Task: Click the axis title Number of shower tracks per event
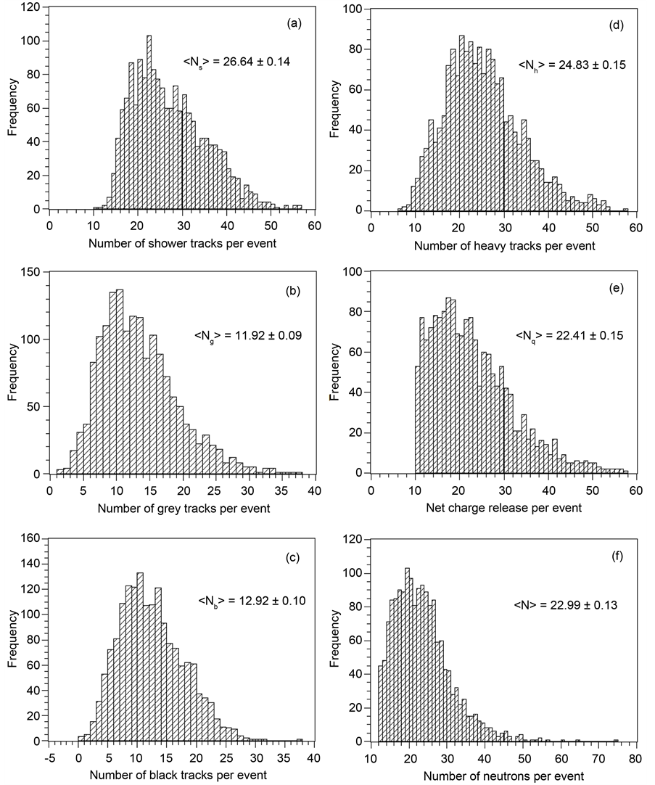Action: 182,242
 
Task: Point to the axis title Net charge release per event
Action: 504,509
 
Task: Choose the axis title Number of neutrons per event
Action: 503,775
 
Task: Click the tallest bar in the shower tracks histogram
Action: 149,123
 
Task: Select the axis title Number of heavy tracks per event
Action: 504,246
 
